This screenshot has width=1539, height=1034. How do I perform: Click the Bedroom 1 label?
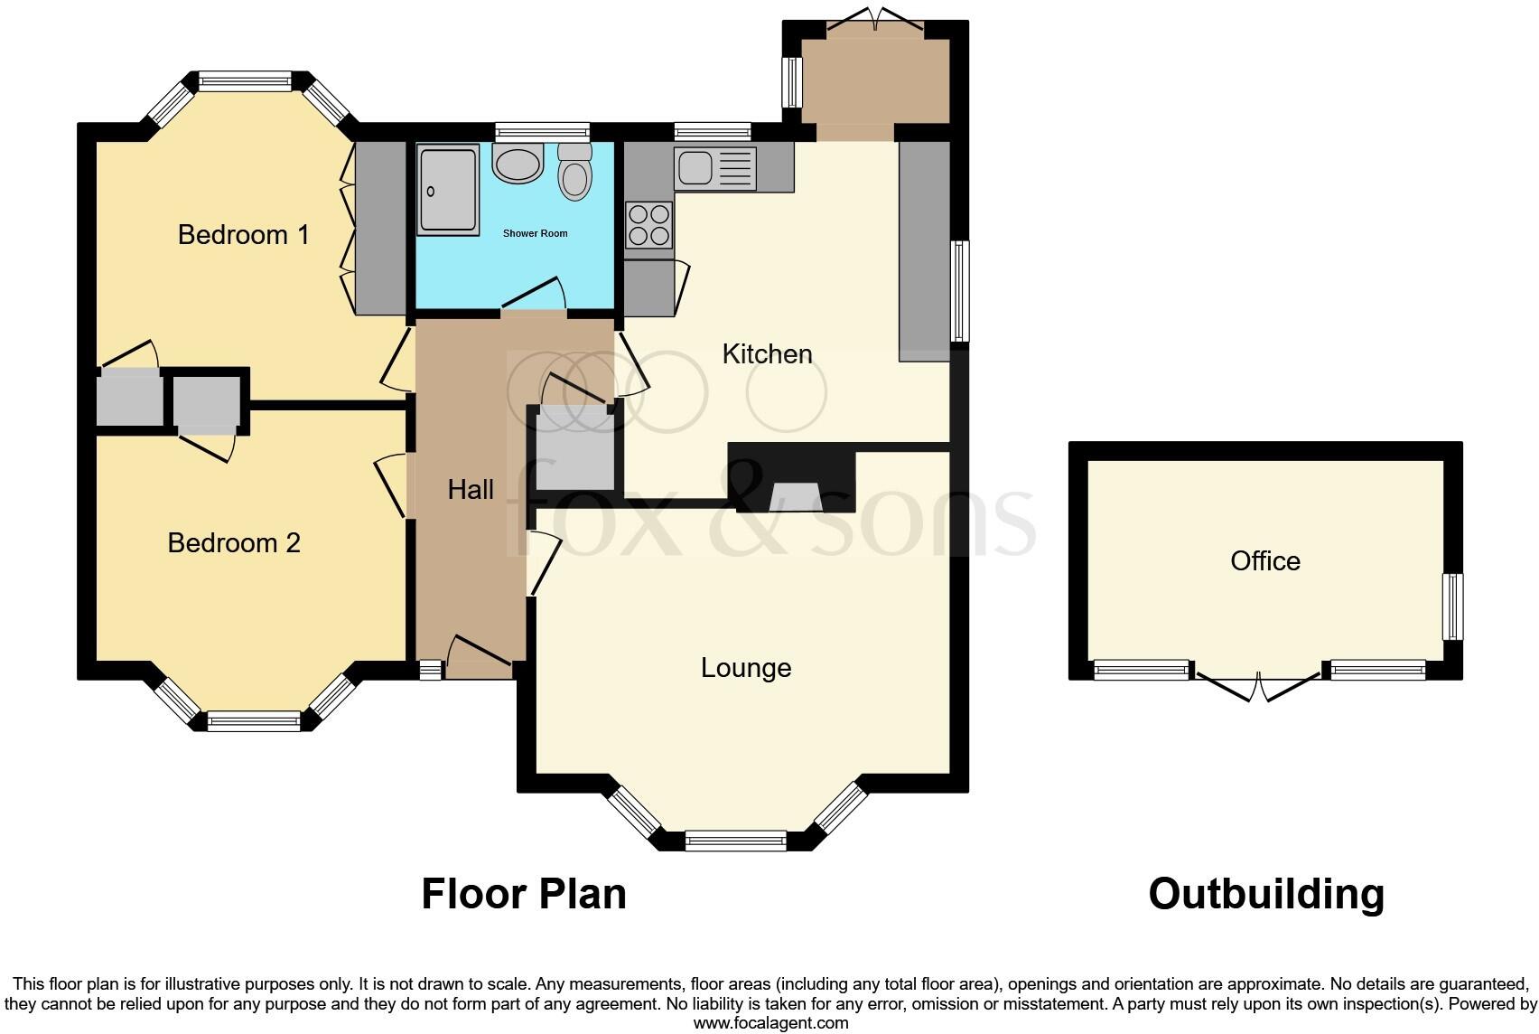pos(243,235)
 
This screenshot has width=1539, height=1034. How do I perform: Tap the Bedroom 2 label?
pos(234,543)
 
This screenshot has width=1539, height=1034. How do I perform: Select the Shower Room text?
pos(535,233)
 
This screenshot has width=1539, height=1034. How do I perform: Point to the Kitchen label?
pos(767,354)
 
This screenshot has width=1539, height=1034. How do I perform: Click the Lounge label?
pos(746,668)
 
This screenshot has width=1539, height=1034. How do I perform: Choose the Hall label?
pos(471,490)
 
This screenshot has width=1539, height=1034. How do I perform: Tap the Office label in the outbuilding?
pos(1265,561)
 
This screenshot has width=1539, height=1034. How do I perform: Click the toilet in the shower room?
pos(575,173)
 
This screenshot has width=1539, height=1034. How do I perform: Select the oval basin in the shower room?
pos(518,164)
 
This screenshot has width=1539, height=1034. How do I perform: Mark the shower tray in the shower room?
pos(448,191)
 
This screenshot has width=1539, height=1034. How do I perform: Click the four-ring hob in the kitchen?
pos(649,225)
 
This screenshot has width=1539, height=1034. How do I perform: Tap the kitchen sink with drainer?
pos(714,168)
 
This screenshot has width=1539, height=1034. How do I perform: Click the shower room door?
pos(535,298)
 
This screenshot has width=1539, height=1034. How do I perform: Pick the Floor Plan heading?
pos(524,894)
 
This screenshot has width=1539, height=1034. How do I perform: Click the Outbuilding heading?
pos(1266,894)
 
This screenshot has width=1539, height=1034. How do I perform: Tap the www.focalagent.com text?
pos(770,1023)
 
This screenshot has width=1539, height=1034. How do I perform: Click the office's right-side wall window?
pos(1452,606)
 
